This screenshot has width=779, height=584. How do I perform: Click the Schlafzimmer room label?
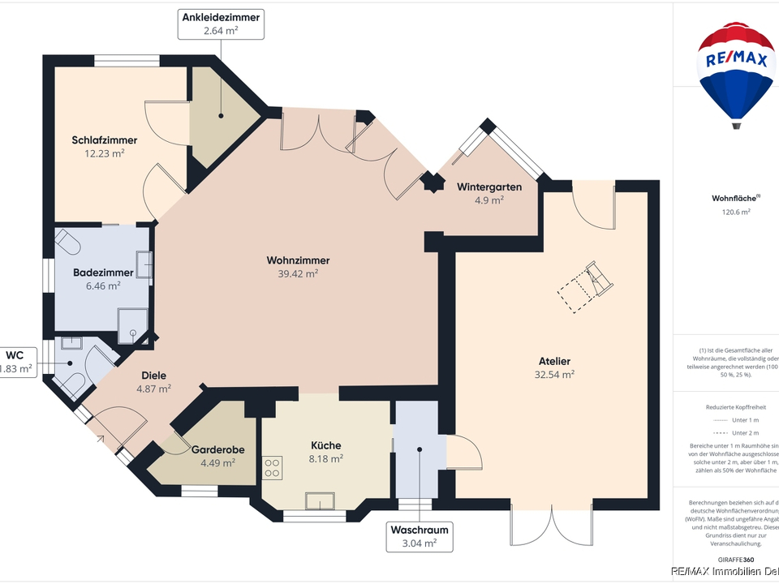[104, 140]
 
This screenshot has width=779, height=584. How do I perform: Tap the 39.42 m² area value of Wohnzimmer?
[298, 274]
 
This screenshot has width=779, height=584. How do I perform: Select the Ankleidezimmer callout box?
[222, 24]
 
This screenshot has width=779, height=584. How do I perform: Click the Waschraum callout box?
[419, 536]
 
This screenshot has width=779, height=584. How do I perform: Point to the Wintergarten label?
[488, 187]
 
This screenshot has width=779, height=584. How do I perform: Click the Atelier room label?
[555, 361]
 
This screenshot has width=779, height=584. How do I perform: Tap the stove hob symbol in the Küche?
[272, 467]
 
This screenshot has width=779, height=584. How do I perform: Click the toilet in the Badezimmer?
[68, 243]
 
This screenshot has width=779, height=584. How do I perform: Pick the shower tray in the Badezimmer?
[133, 322]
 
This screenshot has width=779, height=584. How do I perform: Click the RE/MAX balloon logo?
[736, 73]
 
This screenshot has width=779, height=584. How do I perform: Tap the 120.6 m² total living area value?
[736, 212]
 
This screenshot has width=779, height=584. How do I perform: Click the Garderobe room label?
[218, 449]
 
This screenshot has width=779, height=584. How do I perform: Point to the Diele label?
[154, 376]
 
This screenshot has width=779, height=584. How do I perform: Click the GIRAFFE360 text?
[736, 560]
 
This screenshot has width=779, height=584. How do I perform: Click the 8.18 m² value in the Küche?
[326, 458]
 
